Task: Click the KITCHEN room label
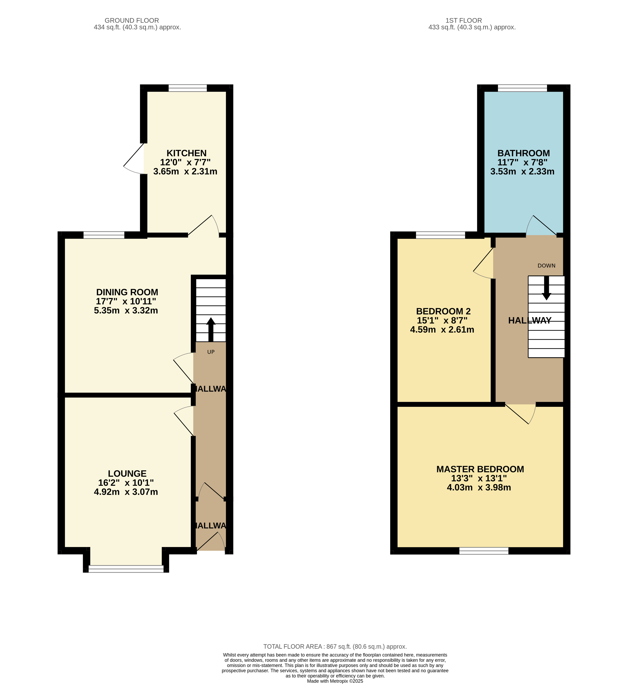coord(186,153)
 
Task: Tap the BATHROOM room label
coord(523,153)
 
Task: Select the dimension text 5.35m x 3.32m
coord(126,310)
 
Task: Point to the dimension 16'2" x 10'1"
coord(126,483)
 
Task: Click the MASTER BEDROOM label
coord(480,469)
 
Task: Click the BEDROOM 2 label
coord(443,311)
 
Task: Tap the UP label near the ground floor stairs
coord(211,352)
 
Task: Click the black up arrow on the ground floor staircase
coord(211,329)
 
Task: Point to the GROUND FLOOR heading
coord(132,20)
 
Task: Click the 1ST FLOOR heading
coord(463,20)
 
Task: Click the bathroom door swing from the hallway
coord(540,226)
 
